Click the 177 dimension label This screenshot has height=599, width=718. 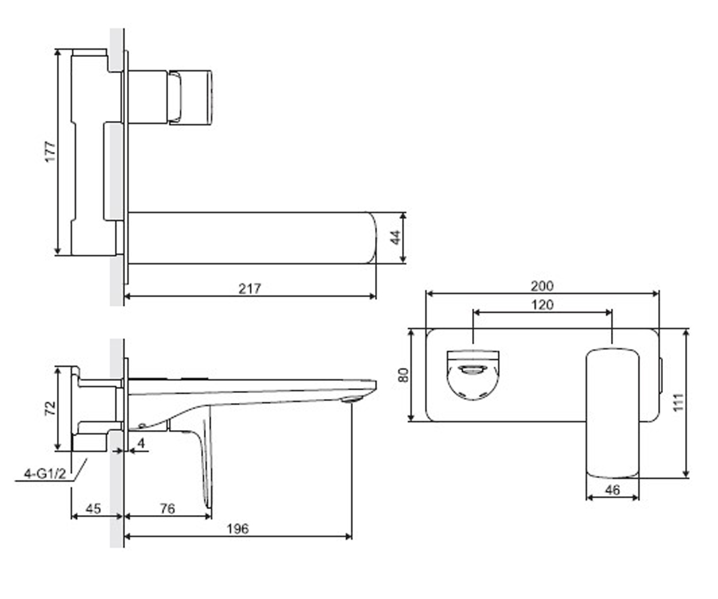point(50,152)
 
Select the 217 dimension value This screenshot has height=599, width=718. point(250,289)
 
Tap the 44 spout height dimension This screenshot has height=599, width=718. point(395,238)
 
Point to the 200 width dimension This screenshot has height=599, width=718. point(542,286)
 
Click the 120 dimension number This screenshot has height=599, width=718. point(543,305)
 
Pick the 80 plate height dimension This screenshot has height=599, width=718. point(403,375)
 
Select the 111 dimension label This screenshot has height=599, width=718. point(679,402)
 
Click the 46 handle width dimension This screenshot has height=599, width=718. point(613,490)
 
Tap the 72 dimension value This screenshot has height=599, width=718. point(50,409)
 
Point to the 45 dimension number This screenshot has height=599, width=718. point(93,509)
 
